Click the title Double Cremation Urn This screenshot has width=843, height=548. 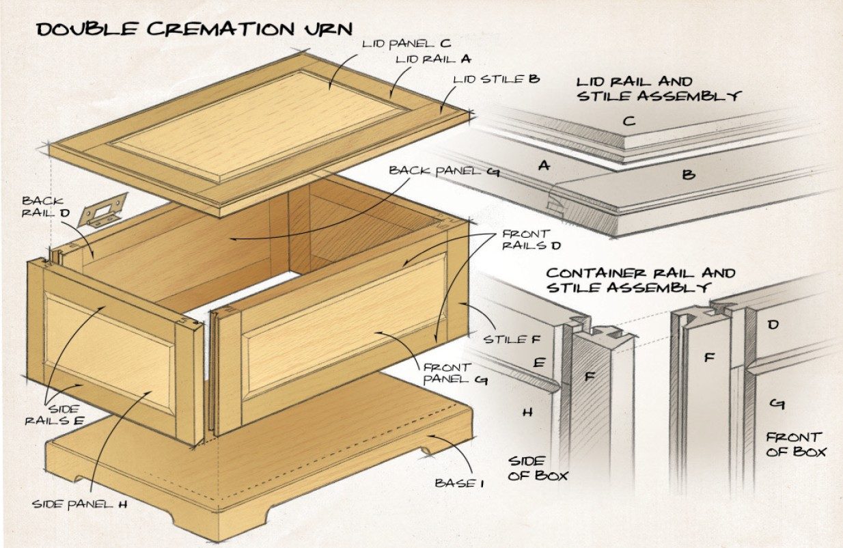click(194, 29)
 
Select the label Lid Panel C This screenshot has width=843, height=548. click(406, 44)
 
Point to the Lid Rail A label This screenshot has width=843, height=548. click(433, 59)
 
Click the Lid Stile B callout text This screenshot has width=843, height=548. click(497, 79)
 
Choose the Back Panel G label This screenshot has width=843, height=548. click(445, 172)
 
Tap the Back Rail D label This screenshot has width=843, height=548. click(46, 206)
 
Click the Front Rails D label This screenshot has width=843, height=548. click(531, 240)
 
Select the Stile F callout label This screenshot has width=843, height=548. click(512, 339)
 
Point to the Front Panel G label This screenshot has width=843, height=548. click(456, 374)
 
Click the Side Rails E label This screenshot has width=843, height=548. click(55, 415)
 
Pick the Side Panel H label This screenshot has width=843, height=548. click(79, 504)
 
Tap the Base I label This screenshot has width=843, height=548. click(459, 483)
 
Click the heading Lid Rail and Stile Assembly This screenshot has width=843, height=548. click(659, 90)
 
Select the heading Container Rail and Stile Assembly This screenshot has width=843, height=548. click(641, 280)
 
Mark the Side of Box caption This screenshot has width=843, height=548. click(538, 469)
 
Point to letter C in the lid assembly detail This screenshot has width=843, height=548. click(629, 121)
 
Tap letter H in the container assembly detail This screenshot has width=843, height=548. click(527, 413)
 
